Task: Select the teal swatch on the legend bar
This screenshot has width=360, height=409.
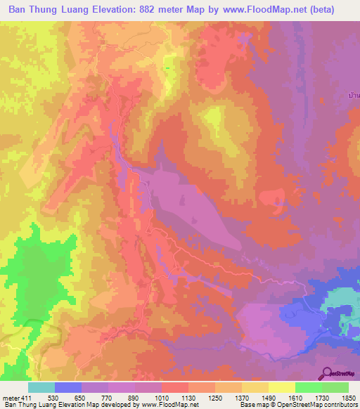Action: pos(41,387)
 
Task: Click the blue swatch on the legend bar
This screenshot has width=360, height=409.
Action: pos(67,387)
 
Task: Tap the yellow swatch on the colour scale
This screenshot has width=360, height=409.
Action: pos(281,387)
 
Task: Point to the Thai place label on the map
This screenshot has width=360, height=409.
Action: pos(354,94)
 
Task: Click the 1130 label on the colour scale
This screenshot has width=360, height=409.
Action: pos(193,398)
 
